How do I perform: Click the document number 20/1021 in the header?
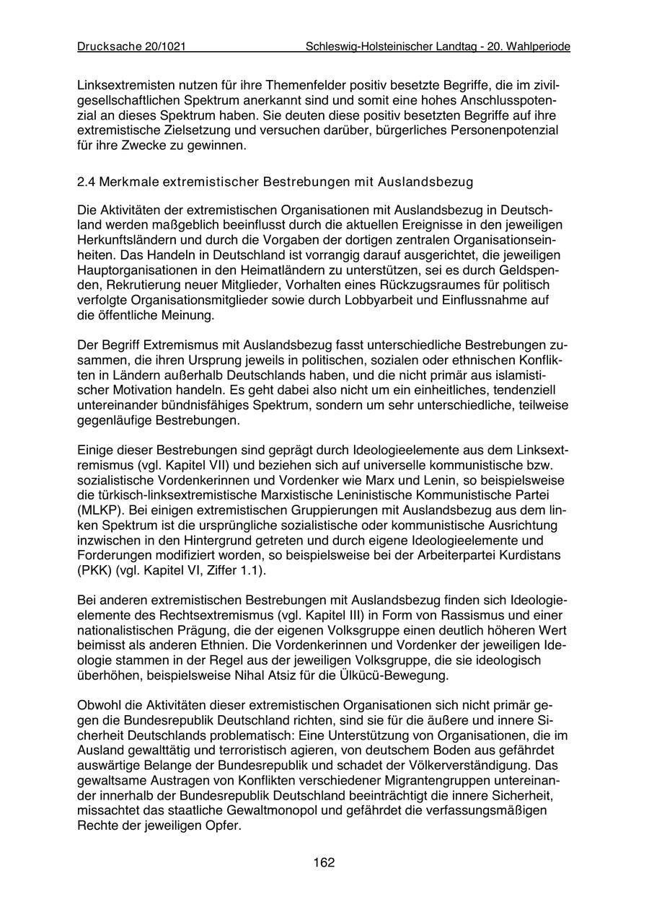pos(165,46)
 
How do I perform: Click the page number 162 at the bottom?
pos(324,862)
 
